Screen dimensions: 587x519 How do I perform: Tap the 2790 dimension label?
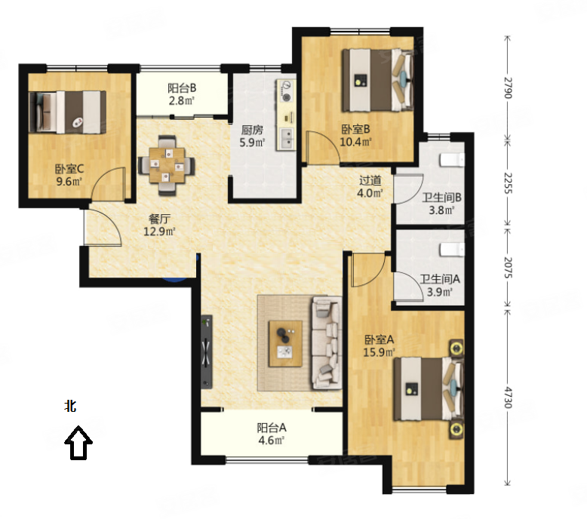[507, 88]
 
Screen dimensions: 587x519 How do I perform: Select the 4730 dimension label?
[507, 397]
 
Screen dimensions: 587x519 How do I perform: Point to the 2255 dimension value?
[507, 183]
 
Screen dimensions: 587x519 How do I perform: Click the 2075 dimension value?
[507, 267]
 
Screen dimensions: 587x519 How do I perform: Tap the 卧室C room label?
[69, 169]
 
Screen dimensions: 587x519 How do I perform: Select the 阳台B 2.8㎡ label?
[182, 94]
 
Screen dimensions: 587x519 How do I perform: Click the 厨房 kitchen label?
[252, 130]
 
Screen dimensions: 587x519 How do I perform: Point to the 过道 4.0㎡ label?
[370, 187]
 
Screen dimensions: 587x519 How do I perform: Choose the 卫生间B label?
[441, 197]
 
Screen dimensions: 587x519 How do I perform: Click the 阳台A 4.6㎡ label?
[272, 434]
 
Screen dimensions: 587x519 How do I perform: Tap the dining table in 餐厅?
[167, 165]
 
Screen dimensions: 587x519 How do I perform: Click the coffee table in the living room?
[285, 343]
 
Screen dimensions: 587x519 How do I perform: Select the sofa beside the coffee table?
[327, 343]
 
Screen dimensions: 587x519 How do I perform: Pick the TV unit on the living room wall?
[207, 352]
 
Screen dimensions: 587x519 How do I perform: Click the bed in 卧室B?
[377, 80]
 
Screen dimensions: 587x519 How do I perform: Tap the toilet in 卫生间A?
[452, 250]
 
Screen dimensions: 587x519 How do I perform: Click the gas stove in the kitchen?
[287, 91]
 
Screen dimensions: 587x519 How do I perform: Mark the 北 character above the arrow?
[71, 406]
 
